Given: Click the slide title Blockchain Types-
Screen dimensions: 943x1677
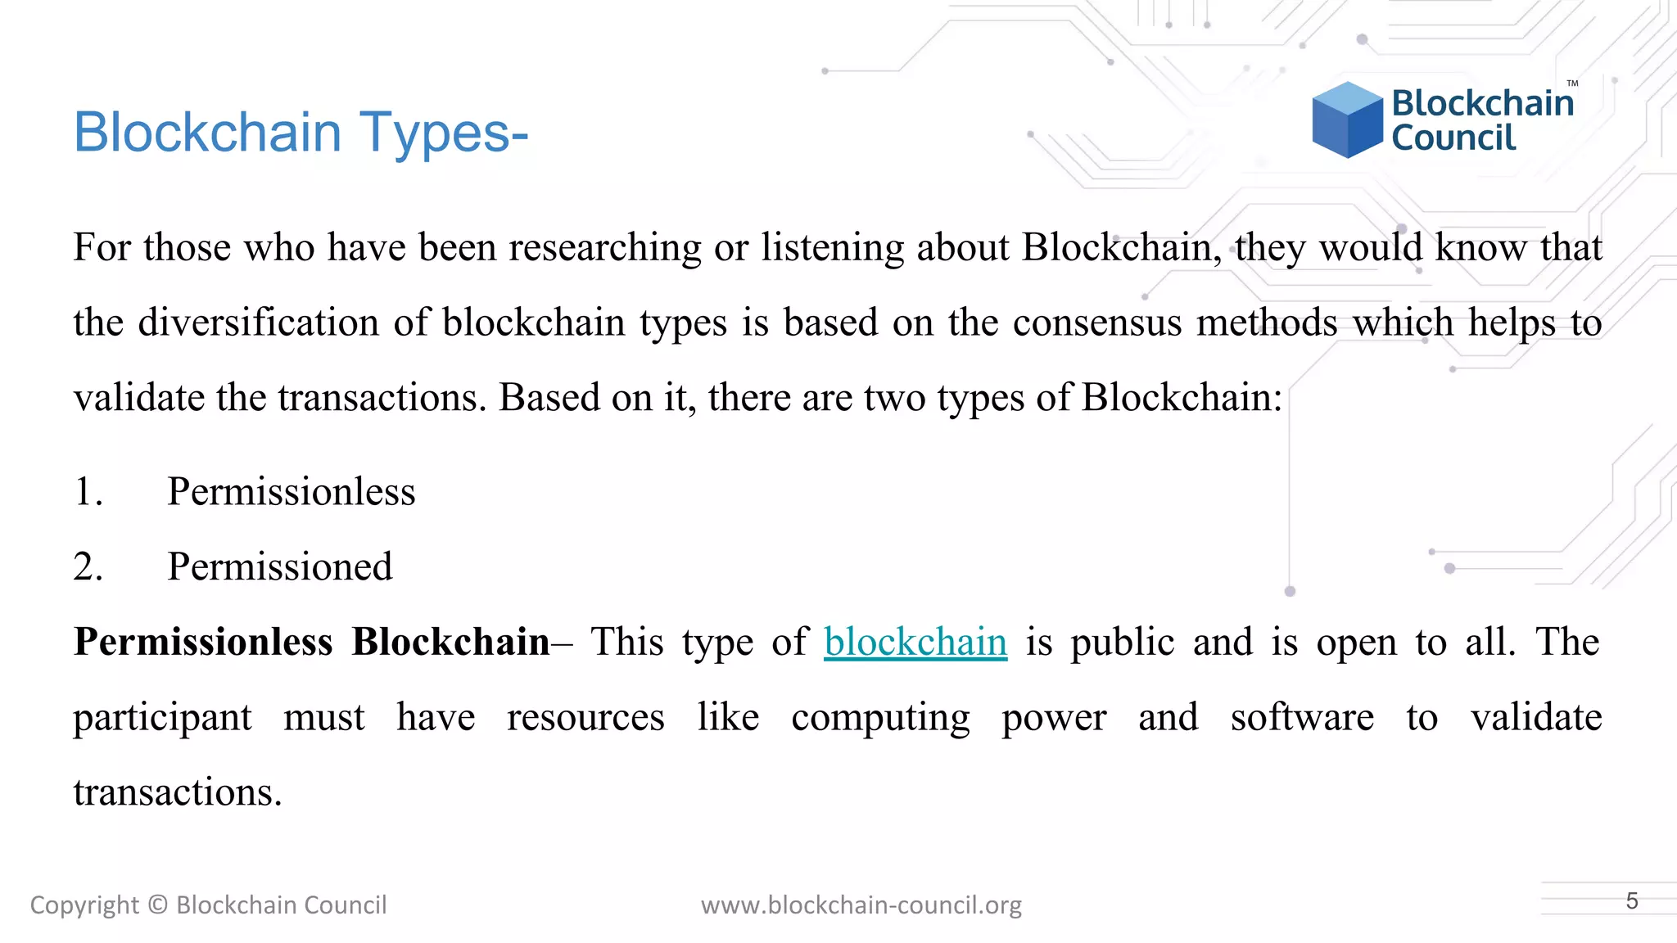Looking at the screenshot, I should pyautogui.click(x=301, y=132).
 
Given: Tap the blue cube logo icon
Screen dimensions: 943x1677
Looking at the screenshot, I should pyautogui.click(x=1347, y=120).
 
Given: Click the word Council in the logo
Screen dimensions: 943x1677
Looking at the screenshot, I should pyautogui.click(x=1453, y=138).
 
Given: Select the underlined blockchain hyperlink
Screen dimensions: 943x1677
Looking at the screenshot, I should pyautogui.click(x=915, y=642).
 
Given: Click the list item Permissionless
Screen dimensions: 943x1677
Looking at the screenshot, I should pyautogui.click(x=291, y=492).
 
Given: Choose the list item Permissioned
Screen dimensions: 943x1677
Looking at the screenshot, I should pyautogui.click(x=279, y=566).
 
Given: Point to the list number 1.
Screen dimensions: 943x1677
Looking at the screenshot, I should pyautogui.click(x=88, y=492).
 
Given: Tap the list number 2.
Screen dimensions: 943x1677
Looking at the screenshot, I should pyautogui.click(x=88, y=566).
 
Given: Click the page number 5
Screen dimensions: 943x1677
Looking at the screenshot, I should pyautogui.click(x=1632, y=901).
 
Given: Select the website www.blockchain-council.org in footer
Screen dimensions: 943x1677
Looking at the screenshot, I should pyautogui.click(x=861, y=905).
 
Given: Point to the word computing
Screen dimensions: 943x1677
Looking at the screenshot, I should pyautogui.click(x=880, y=718).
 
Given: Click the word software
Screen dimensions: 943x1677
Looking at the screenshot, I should pyautogui.click(x=1302, y=718).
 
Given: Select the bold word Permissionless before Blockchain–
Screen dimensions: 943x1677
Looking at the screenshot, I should pyautogui.click(x=203, y=642).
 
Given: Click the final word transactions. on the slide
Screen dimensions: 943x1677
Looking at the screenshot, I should pyautogui.click(x=178, y=792).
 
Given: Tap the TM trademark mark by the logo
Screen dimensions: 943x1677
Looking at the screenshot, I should pyautogui.click(x=1572, y=83).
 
